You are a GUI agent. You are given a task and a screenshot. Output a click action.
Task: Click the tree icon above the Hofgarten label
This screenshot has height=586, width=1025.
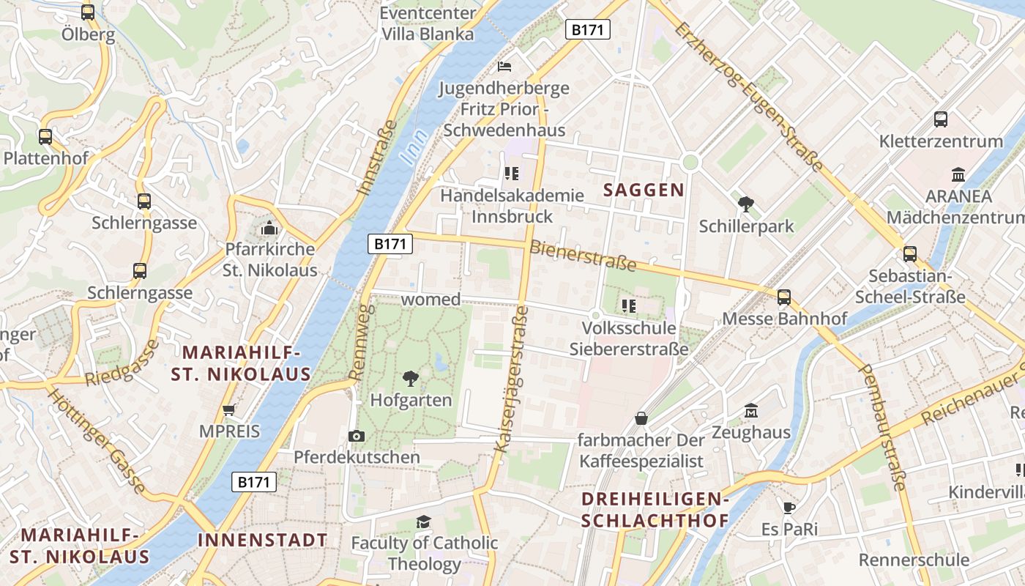click(411, 379)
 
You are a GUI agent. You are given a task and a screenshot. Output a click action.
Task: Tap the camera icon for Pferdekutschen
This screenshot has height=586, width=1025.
click(357, 437)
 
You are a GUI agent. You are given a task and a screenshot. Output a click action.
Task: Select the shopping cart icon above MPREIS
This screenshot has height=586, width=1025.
click(229, 410)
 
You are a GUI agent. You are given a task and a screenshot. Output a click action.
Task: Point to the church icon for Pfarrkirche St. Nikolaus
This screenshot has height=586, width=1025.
click(269, 229)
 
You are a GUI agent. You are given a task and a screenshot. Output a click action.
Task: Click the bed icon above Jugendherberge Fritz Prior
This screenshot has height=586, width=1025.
click(504, 66)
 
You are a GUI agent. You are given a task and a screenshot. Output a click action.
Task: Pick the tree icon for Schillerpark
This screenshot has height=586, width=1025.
click(746, 204)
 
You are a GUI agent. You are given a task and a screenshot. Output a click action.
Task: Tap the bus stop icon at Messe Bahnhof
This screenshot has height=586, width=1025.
click(784, 297)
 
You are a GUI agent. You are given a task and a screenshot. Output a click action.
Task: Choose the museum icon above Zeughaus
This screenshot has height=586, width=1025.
click(751, 411)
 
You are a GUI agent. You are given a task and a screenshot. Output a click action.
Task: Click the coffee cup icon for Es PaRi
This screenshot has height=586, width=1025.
click(789, 508)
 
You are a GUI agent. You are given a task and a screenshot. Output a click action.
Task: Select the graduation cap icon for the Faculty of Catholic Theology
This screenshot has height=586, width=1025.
click(423, 522)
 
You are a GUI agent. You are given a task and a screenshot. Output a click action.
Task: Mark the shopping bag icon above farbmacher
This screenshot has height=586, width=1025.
click(641, 418)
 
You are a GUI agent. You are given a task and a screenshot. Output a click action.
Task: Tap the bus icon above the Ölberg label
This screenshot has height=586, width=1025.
click(88, 12)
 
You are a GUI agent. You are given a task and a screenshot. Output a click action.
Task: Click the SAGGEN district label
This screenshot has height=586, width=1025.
click(644, 190)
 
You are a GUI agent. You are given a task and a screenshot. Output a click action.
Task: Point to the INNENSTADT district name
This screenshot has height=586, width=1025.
click(262, 541)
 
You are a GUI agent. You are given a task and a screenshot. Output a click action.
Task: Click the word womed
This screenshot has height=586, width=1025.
click(430, 300)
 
